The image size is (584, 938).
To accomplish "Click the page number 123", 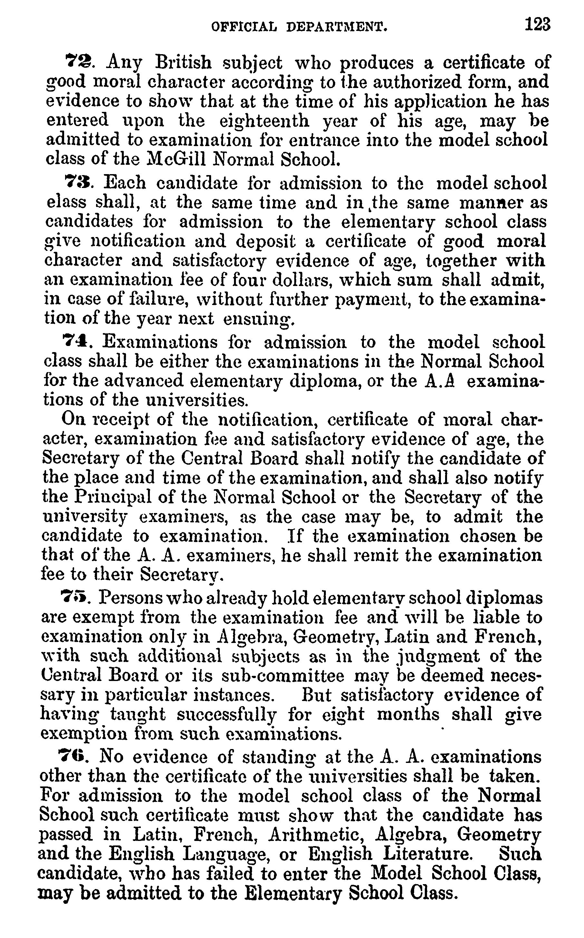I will [537, 25].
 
